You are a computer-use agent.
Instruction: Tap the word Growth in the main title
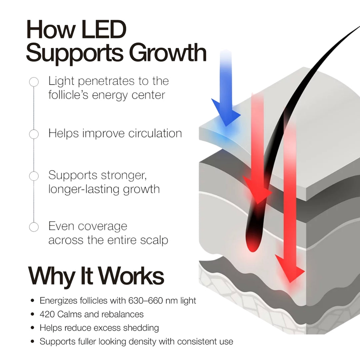pyautogui.click(x=168, y=53)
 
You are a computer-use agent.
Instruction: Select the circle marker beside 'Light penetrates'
pyautogui.click(x=34, y=82)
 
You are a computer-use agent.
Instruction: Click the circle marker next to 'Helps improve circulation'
pyautogui.click(x=34, y=134)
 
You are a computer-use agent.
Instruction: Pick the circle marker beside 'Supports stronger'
pyautogui.click(x=34, y=176)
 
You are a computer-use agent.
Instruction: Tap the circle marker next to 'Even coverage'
pyautogui.click(x=34, y=227)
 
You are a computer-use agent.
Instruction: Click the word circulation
pyautogui.click(x=155, y=133)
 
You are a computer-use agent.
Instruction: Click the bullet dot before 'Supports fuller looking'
pyautogui.click(x=32, y=341)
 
